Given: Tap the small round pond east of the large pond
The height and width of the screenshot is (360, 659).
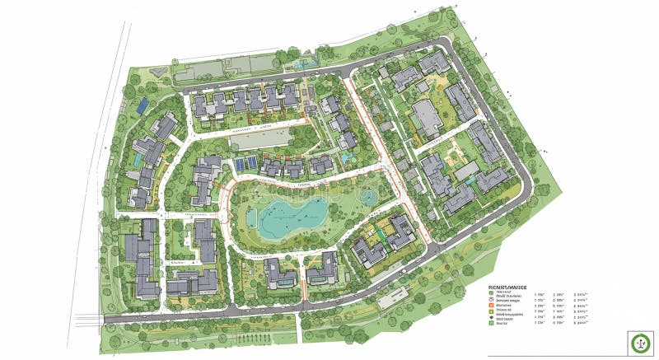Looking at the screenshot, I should [x=367, y=198].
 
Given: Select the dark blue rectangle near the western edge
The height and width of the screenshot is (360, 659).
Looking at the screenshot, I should [x=143, y=105].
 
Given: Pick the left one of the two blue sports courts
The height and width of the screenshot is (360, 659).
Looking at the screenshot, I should [x=239, y=163].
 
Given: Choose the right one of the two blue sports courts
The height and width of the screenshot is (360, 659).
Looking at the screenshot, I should [x=250, y=163].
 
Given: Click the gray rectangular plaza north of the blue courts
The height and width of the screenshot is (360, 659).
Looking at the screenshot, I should [x=261, y=139].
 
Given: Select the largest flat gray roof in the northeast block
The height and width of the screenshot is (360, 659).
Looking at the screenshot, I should [x=428, y=118].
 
